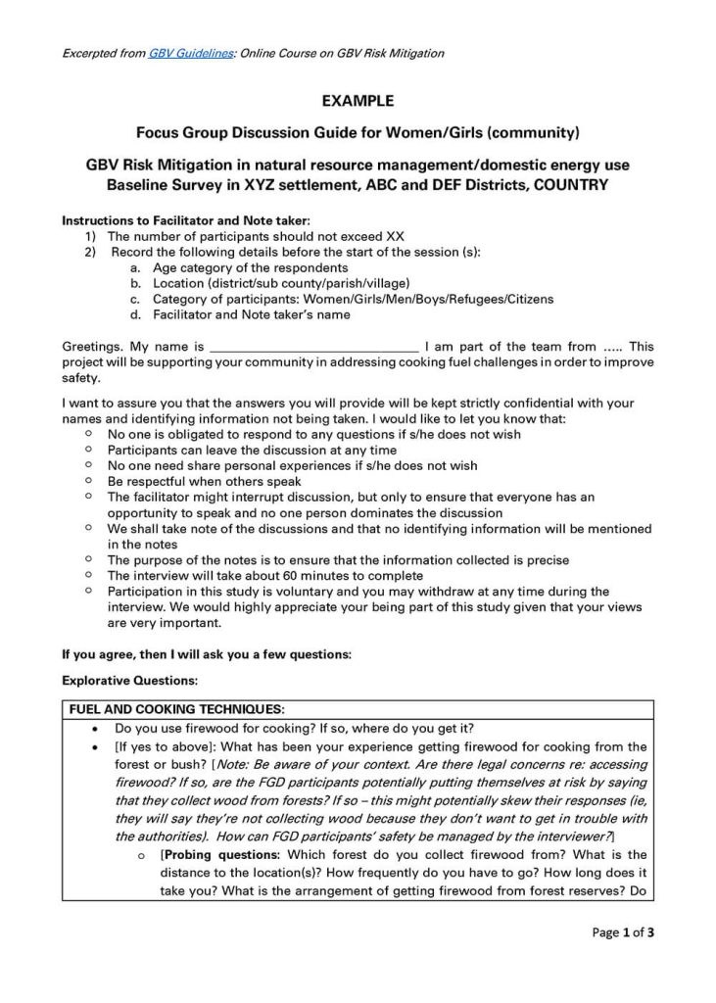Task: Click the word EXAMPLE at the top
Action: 358,100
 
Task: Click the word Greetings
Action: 92,347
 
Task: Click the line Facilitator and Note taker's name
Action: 251,314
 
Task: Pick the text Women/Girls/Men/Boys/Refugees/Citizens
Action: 428,299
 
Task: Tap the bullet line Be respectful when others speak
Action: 204,482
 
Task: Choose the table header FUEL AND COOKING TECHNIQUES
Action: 176,708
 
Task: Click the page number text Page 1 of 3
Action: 623,932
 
